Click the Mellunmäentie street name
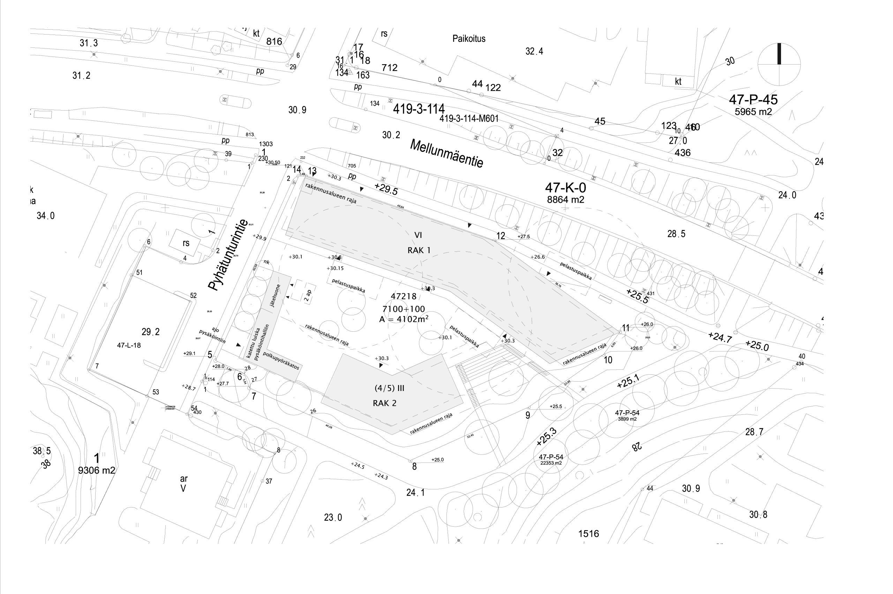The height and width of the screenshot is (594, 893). (x=446, y=153)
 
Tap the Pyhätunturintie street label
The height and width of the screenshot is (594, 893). (x=228, y=255)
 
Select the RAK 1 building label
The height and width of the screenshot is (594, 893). (x=419, y=250)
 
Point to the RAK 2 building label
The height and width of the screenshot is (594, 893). (x=384, y=403)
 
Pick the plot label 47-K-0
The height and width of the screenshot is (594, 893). (x=565, y=188)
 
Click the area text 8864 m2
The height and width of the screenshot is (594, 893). (x=565, y=200)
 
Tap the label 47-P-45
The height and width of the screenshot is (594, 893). (x=753, y=100)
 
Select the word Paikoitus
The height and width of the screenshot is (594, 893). (x=469, y=39)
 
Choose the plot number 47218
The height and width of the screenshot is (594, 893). (x=404, y=296)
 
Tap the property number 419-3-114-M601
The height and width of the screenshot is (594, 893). (x=469, y=119)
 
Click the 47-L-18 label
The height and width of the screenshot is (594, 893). (x=129, y=345)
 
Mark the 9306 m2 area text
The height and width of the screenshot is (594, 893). (x=97, y=470)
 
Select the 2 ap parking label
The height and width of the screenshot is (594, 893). (x=308, y=295)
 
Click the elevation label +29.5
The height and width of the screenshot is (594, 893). (x=386, y=189)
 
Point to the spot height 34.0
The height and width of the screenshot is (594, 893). (x=45, y=216)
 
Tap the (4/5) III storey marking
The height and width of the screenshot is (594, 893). (x=390, y=388)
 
